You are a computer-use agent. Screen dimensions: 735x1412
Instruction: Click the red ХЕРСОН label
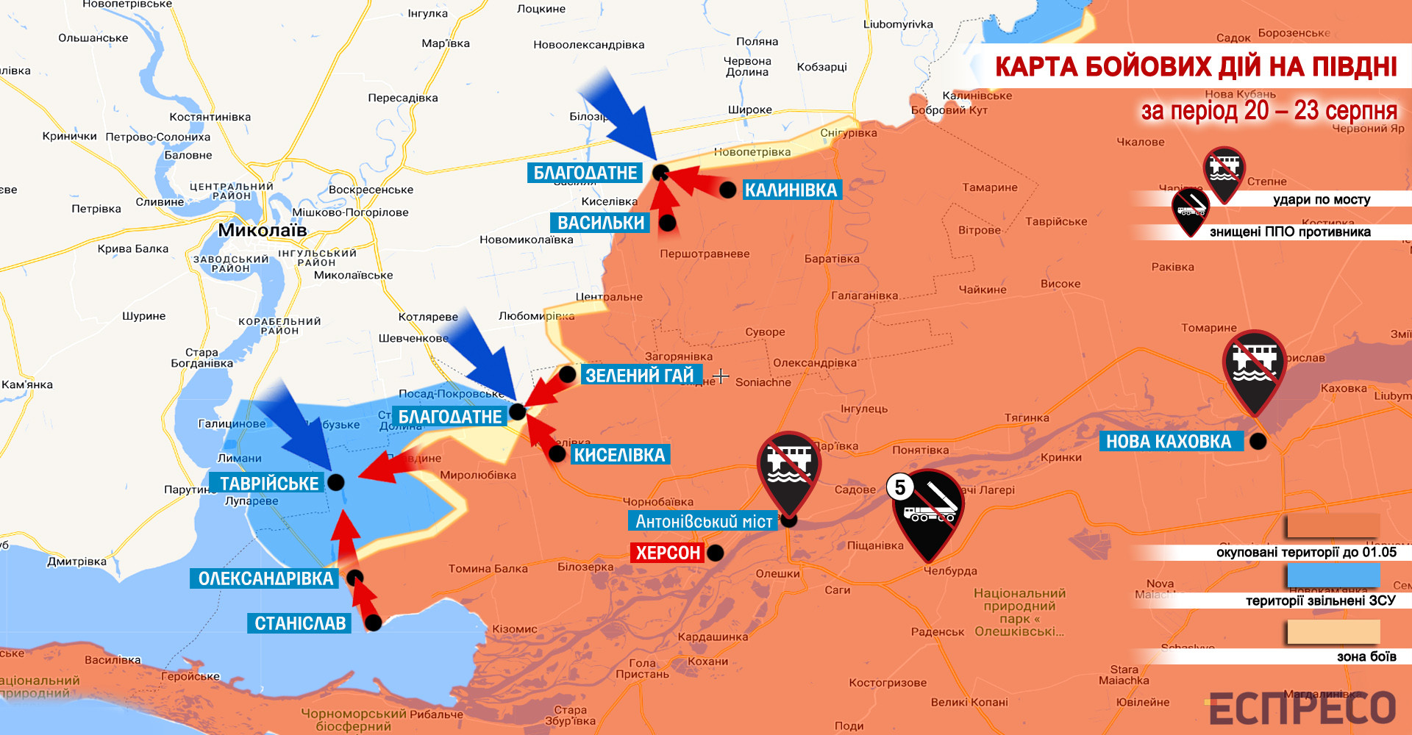tap(668, 553)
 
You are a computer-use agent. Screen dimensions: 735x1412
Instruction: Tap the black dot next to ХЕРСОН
tap(715, 553)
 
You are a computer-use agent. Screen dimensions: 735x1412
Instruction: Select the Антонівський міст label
tap(703, 521)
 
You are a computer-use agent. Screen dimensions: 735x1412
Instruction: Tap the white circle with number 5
tap(899, 487)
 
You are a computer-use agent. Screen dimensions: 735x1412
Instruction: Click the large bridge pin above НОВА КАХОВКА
tap(1254, 368)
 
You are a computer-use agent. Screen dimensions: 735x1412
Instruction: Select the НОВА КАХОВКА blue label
tap(1169, 441)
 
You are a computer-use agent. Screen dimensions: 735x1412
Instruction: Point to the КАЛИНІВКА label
tap(791, 190)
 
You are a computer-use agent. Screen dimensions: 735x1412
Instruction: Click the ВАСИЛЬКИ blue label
tap(600, 223)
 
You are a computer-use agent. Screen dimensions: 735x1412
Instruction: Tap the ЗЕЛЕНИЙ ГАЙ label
tap(639, 375)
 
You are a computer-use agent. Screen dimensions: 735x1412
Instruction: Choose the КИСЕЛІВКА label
tap(619, 455)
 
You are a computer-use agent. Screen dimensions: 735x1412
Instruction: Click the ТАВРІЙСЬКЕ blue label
tap(269, 483)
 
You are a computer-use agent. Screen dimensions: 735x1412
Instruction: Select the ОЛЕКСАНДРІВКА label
tap(265, 578)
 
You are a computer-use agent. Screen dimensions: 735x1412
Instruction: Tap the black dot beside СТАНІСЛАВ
tap(374, 623)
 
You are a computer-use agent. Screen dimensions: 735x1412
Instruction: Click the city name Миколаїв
tap(262, 230)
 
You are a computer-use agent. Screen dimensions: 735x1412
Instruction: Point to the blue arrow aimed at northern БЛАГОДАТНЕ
tap(618, 114)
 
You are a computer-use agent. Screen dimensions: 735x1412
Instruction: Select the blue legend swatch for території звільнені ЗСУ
tap(1333, 576)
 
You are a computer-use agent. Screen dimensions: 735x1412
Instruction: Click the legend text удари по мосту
tap(1322, 199)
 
